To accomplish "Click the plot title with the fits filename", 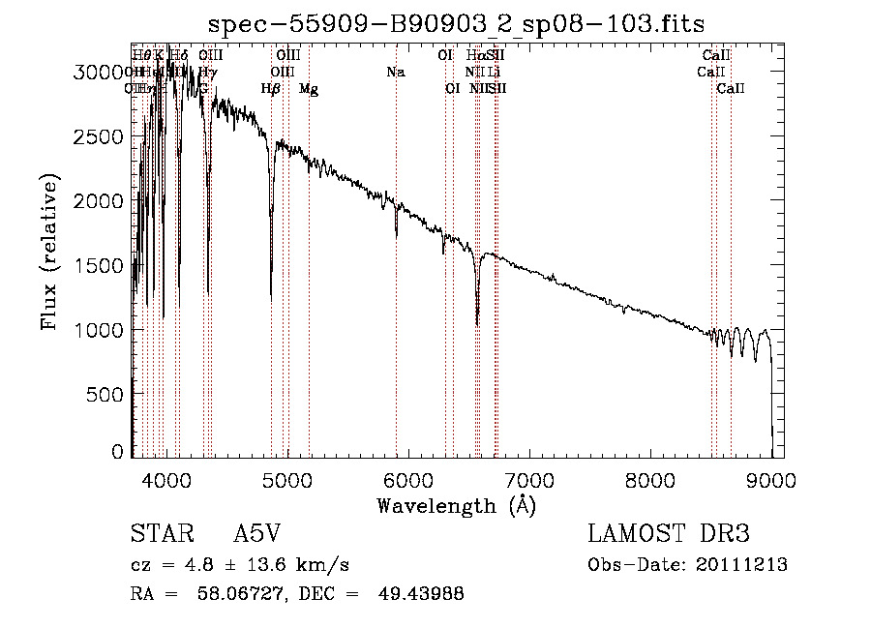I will pyautogui.click(x=456, y=22).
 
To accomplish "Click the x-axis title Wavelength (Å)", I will pyautogui.click(x=456, y=505).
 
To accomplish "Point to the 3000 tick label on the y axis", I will pyautogui.click(x=101, y=72).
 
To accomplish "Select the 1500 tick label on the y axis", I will pyautogui.click(x=101, y=265).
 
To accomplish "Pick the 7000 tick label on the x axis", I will pyautogui.click(x=528, y=479).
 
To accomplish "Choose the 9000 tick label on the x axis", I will pyautogui.click(x=770, y=479).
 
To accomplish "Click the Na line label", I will pyautogui.click(x=395, y=73).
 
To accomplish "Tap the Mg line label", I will pyautogui.click(x=308, y=89).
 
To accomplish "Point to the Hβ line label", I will pyautogui.click(x=271, y=89).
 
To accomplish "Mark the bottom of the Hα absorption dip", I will pyautogui.click(x=477, y=323).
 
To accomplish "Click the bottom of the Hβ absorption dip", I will pyautogui.click(x=271, y=294).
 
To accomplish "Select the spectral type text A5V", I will pyautogui.click(x=259, y=534).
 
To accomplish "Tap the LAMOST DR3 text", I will pyautogui.click(x=668, y=534).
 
